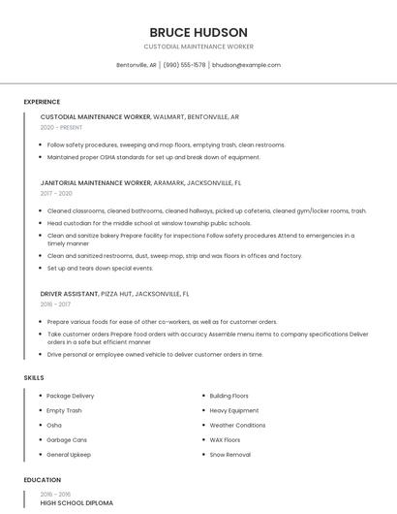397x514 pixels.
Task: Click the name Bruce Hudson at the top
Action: click(198, 32)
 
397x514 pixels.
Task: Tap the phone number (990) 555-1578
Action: click(184, 65)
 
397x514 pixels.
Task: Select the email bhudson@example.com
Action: click(246, 65)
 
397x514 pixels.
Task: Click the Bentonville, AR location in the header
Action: click(137, 65)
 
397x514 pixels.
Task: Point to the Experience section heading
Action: click(42, 102)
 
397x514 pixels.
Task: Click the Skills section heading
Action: click(34, 377)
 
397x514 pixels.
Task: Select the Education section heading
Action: click(43, 480)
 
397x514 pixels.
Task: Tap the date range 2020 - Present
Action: click(62, 127)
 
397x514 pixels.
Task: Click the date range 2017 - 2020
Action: click(56, 193)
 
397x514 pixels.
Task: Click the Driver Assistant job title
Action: click(70, 293)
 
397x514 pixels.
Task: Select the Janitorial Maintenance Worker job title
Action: click(96, 182)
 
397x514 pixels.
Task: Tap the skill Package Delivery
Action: click(71, 396)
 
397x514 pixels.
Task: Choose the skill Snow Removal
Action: click(229, 454)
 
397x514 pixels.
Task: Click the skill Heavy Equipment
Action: click(234, 410)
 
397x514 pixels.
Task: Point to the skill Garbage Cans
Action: click(67, 439)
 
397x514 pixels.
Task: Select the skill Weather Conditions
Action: click(237, 425)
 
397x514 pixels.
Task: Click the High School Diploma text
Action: click(76, 503)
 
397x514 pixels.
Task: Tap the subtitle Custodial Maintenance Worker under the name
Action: click(198, 46)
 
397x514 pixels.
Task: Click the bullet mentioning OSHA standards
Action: click(153, 156)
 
